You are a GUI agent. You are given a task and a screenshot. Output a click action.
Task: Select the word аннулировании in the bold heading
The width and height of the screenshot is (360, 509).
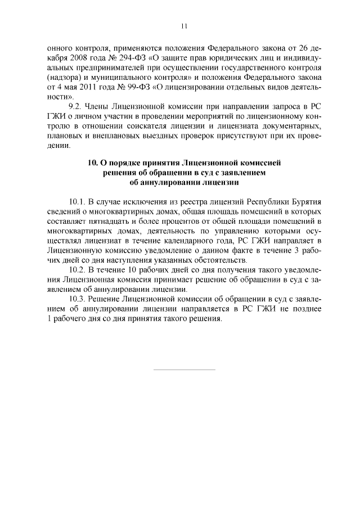(164, 182)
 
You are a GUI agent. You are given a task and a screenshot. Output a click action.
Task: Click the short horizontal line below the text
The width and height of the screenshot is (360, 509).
(184, 370)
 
